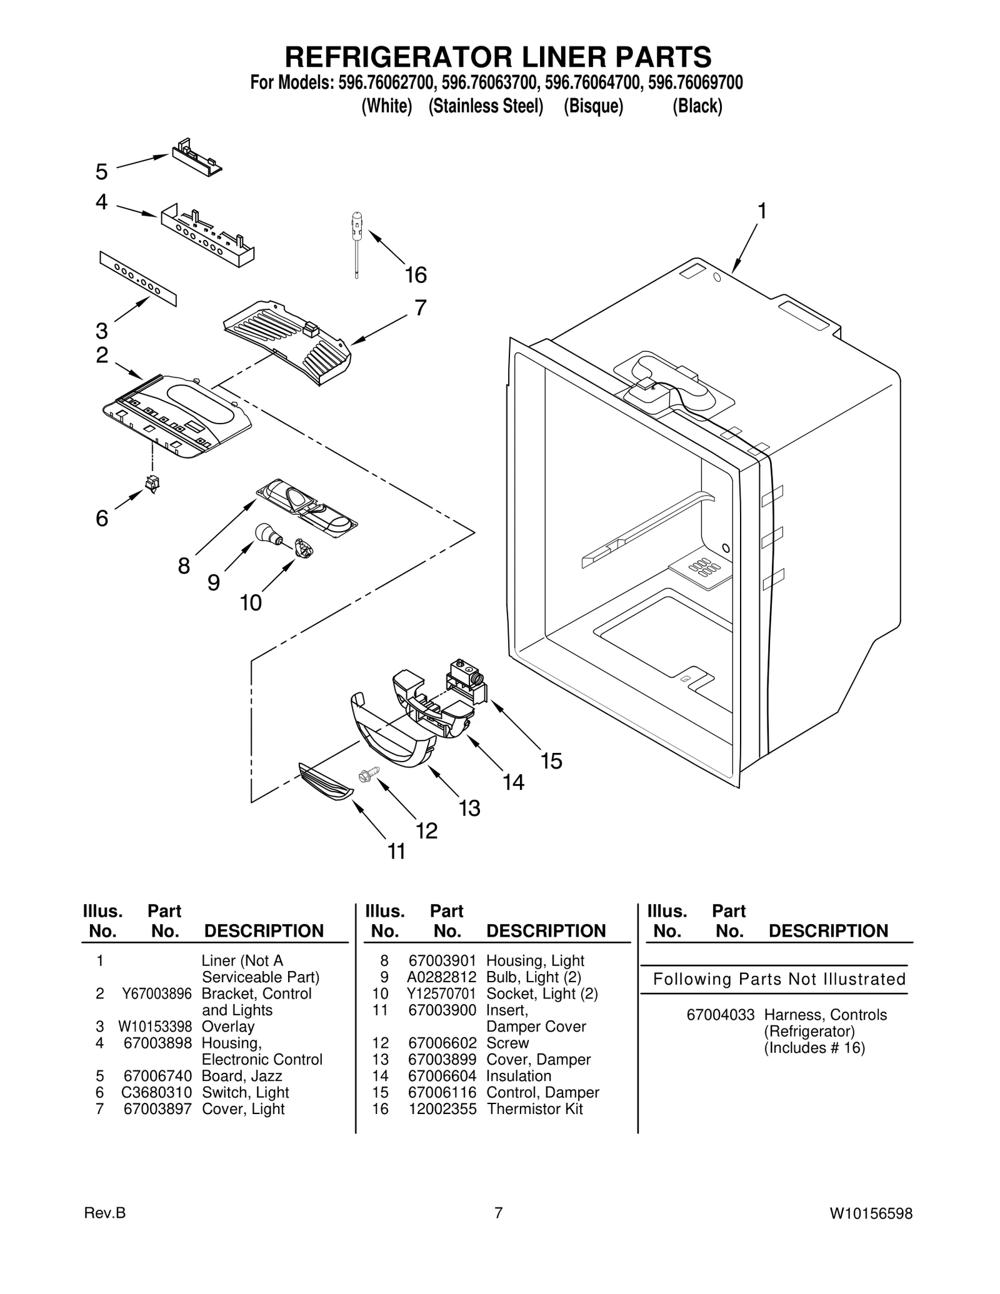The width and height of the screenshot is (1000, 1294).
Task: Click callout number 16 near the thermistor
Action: pyautogui.click(x=416, y=276)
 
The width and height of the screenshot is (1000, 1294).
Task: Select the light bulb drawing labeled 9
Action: pyautogui.click(x=268, y=534)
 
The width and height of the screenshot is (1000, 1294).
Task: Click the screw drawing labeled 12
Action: pyautogui.click(x=364, y=775)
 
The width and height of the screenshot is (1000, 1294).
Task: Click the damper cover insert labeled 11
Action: pyautogui.click(x=326, y=781)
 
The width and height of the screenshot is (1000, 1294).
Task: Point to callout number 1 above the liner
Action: pyautogui.click(x=762, y=212)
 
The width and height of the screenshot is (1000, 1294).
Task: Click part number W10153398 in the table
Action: pyautogui.click(x=155, y=1027)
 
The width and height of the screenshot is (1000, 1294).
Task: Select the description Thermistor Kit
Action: pyautogui.click(x=535, y=1109)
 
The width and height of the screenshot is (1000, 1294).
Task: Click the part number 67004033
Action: pyautogui.click(x=721, y=1015)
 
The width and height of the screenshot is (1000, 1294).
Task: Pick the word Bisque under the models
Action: pyautogui.click(x=593, y=107)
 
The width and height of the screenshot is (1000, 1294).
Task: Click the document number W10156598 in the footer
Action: pyautogui.click(x=871, y=1213)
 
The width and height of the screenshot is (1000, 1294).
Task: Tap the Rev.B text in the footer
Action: pyautogui.click(x=104, y=1213)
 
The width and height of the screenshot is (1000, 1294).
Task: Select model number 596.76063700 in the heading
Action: pyautogui.click(x=489, y=83)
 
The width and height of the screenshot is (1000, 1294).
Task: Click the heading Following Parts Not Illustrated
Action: pyautogui.click(x=779, y=979)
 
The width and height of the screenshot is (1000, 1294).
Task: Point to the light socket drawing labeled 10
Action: pyautogui.click(x=304, y=548)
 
